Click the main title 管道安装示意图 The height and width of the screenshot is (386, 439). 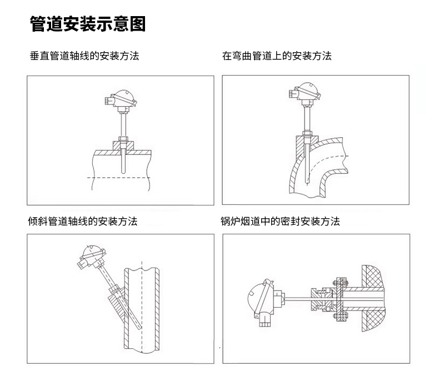coord(87,24)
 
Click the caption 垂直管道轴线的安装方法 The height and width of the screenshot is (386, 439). coord(84,56)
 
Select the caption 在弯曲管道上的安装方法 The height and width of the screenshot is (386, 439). coord(276,56)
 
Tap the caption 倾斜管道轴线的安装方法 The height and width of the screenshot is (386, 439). coord(82,221)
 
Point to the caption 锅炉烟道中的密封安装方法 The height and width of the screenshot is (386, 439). coord(280,221)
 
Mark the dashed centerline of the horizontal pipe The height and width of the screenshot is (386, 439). coord(120,177)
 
